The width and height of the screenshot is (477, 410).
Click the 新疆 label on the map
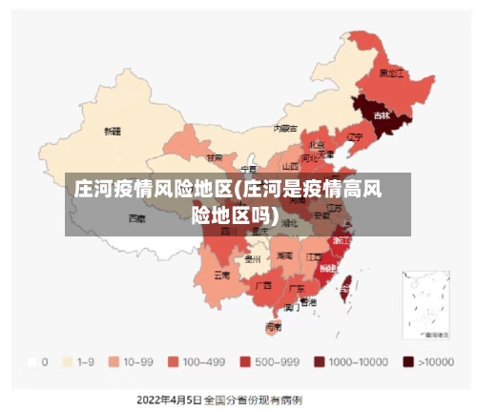[113, 131]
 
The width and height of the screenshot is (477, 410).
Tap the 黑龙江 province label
[392, 72]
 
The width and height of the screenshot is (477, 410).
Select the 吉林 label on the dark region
[382, 115]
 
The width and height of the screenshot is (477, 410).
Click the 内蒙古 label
[285, 127]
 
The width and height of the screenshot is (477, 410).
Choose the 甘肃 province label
[215, 157]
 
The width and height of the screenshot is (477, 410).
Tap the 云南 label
[221, 275]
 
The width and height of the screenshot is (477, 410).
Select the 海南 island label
[273, 327]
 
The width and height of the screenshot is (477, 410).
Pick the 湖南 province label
[284, 256]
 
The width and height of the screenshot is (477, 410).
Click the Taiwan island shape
[346, 281]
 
